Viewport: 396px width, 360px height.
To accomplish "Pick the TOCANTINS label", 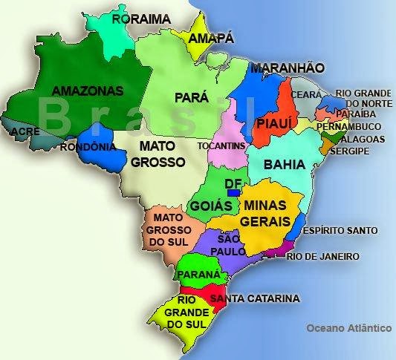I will point(221,146).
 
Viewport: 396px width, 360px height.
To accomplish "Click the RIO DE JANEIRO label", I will point(322,257).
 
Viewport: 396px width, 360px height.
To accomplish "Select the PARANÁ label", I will point(198,275).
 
